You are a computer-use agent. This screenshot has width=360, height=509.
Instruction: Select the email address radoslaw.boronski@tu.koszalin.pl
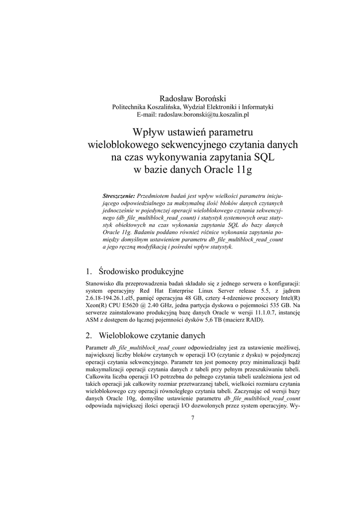coord(204,114)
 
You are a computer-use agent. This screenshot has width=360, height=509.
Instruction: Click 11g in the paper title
coord(243,170)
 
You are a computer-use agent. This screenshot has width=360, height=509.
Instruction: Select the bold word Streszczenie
coord(118,196)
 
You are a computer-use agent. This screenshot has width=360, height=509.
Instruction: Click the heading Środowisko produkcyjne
coord(141,271)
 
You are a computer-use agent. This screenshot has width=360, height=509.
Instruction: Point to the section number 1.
coord(89,271)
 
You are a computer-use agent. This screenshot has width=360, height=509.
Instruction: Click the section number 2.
coord(89,336)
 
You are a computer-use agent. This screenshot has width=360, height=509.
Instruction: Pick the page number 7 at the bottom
coord(192,418)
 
